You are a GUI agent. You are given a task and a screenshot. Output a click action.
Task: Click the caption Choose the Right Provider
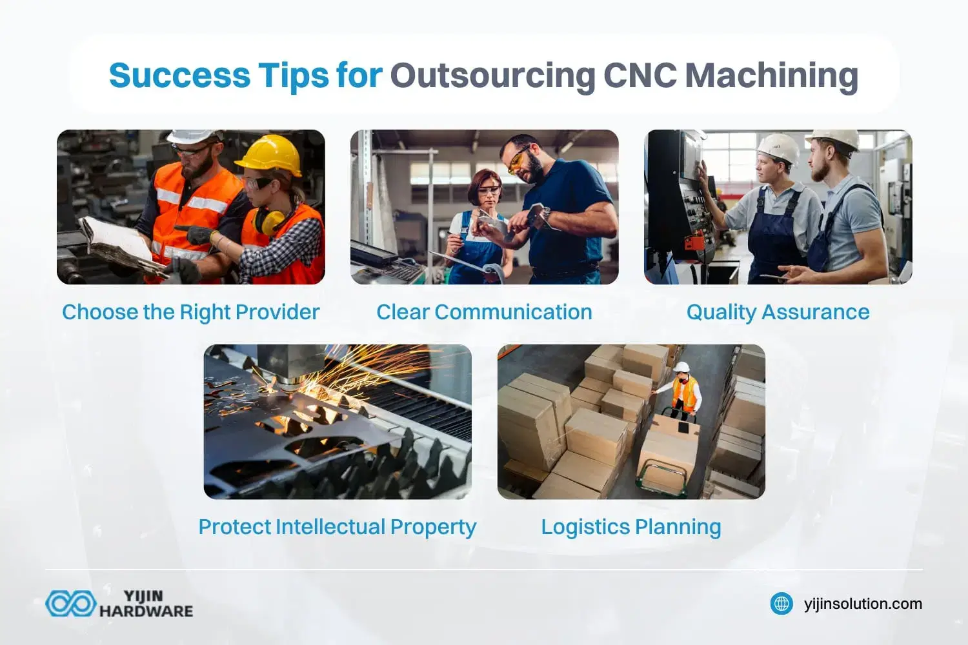191,312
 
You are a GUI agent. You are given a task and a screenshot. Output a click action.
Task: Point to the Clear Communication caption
484,312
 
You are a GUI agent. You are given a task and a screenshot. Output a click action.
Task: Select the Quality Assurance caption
778,312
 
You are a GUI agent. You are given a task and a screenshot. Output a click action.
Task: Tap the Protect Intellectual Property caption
337,527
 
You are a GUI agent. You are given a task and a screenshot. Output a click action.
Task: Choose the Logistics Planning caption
630,527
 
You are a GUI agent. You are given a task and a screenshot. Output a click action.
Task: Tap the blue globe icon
781,604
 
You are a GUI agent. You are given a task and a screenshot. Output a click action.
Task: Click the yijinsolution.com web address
863,604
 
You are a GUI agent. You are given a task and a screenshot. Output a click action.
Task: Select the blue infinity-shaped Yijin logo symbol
70,604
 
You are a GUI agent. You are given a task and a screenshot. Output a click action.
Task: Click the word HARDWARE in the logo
146,611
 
